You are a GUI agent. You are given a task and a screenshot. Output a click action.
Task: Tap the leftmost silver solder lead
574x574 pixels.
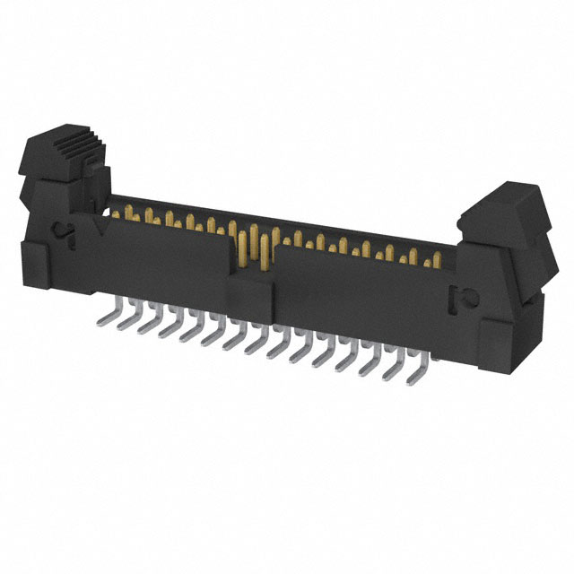(x=104, y=311)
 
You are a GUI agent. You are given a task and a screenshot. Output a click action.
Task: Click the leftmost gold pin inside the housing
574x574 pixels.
(x=114, y=211)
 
